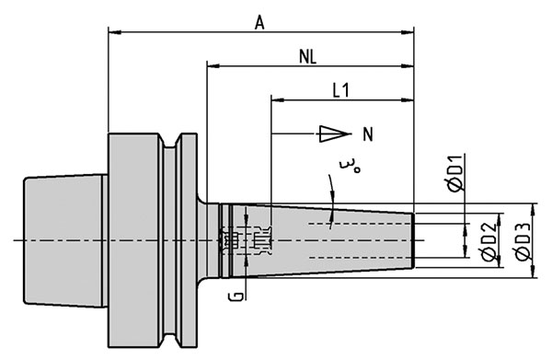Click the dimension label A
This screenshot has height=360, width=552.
point(259,24)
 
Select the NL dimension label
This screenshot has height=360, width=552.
point(307,56)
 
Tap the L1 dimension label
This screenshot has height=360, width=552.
point(341,90)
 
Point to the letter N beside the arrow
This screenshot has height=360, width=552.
point(368,134)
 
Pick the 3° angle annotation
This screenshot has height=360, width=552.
point(350,167)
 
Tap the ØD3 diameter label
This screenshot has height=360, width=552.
point(523,243)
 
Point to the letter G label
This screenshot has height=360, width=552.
point(238,296)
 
